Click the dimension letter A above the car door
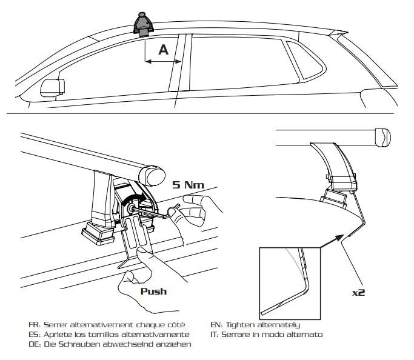click(x=163, y=50)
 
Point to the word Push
click(x=154, y=292)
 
